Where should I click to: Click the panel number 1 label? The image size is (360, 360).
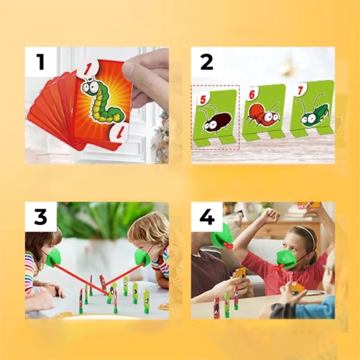41,62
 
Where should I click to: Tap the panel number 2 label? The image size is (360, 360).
206,62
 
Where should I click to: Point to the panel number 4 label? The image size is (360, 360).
207,217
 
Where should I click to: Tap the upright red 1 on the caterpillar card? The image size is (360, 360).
89,69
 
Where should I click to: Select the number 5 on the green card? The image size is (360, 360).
203,100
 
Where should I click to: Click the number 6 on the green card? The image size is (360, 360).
252,94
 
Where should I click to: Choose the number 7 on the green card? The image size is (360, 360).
300,91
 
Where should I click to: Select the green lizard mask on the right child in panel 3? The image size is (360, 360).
143,257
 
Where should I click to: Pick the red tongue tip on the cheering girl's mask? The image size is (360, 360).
278,268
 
